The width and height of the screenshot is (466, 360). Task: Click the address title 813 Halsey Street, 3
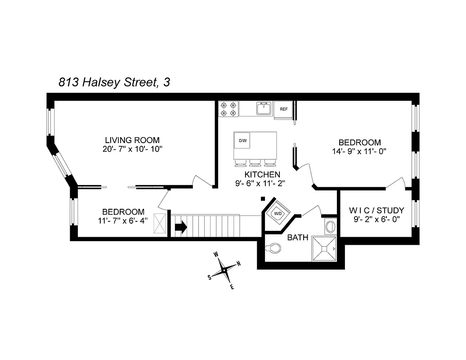point(114,82)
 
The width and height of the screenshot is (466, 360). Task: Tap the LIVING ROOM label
point(132,140)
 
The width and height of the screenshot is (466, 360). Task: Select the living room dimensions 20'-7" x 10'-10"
point(132,149)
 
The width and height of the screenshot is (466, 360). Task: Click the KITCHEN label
point(263,174)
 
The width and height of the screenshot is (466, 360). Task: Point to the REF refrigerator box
point(284,109)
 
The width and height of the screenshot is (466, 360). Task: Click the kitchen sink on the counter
point(264,109)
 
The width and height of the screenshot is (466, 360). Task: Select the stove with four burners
point(229,109)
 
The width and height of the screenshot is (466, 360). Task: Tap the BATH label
point(298,237)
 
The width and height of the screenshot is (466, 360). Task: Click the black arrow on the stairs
point(181,227)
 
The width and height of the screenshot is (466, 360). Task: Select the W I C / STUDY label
point(376,210)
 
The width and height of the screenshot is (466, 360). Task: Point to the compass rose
point(224,270)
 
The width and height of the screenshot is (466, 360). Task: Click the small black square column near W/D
point(263,198)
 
